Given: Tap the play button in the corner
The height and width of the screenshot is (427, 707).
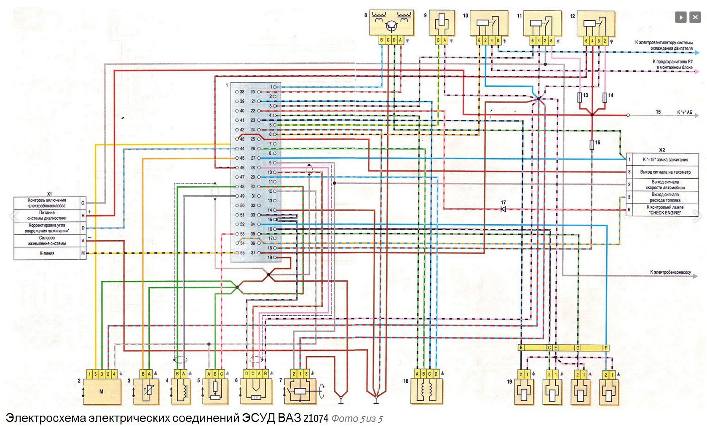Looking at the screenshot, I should pos(681,17).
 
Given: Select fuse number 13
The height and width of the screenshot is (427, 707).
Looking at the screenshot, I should pos(580,97).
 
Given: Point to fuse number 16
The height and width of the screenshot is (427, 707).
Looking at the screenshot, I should pos(592,145).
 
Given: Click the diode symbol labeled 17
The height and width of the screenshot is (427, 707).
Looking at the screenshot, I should pos(503,209).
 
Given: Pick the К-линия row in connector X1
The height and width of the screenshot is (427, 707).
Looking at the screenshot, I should pos(47,253).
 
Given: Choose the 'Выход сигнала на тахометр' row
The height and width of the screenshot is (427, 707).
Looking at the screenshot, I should pos(665,172).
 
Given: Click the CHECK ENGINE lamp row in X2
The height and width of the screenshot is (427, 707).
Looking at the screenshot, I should pos(665,210).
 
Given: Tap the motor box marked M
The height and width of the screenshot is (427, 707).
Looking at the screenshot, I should pos(101,392).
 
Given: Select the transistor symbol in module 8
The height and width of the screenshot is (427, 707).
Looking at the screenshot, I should pos(391,27).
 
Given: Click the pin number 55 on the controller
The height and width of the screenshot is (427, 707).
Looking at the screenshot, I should pos(242,253).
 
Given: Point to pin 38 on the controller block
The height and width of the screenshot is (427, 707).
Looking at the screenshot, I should pos(242,91).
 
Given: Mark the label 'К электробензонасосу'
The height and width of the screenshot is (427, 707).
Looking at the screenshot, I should pos(670,273).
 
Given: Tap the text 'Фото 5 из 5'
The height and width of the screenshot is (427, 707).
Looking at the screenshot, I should pos(357,419).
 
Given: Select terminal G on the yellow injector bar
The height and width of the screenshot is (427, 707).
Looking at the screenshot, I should pos(578,348).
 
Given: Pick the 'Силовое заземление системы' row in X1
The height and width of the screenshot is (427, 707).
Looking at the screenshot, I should pos(47,241).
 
